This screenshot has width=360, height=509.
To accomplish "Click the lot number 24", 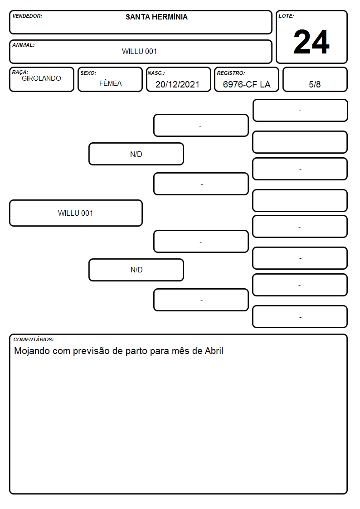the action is pyautogui.click(x=311, y=42).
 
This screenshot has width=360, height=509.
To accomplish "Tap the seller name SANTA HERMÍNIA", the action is pyautogui.click(x=156, y=17).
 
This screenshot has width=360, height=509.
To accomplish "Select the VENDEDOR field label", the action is pyautogui.click(x=27, y=16).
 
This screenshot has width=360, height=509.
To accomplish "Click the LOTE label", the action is pyautogui.click(x=286, y=16).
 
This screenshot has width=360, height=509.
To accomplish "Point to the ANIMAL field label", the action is pyautogui.click(x=24, y=45).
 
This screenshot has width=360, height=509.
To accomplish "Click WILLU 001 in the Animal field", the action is pyautogui.click(x=139, y=51).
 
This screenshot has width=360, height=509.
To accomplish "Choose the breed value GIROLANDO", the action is pyautogui.click(x=41, y=78).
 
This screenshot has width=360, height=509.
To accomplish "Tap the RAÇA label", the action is pyautogui.click(x=20, y=72).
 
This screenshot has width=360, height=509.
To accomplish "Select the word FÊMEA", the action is pyautogui.click(x=110, y=83).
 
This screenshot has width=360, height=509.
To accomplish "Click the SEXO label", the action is pyautogui.click(x=88, y=73).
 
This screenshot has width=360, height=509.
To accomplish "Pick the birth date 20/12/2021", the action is pyautogui.click(x=177, y=84).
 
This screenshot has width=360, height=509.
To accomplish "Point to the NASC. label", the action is pyautogui.click(x=156, y=73).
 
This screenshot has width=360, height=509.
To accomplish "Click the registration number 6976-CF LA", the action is pyautogui.click(x=247, y=84).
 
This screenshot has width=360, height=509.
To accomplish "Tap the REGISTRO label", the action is pyautogui.click(x=231, y=73).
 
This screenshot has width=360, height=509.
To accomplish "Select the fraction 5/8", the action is pyautogui.click(x=315, y=84).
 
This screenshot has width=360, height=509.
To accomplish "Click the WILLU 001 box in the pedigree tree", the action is pyautogui.click(x=76, y=213).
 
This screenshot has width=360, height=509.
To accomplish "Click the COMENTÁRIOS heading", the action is pyautogui.click(x=34, y=339).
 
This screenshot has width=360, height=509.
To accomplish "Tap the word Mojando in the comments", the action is pyautogui.click(x=32, y=351).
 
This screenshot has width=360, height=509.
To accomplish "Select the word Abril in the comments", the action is pyautogui.click(x=214, y=350).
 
